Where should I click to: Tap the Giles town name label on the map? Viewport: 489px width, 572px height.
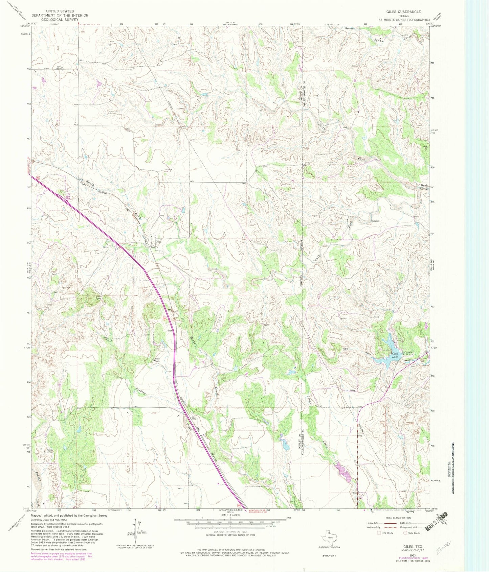tap(158, 242)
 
